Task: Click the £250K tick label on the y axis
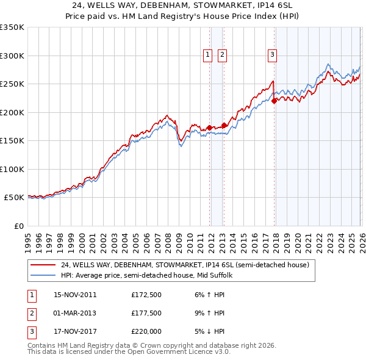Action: point(12,84)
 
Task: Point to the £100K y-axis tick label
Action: point(12,169)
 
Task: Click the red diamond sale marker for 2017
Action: point(274,101)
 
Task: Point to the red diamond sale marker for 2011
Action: point(209,128)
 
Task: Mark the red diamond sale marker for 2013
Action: point(224,125)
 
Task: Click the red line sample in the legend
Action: point(43,265)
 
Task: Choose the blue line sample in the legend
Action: point(43,275)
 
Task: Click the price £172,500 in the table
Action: point(146,295)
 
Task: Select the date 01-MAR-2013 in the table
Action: point(75,313)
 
